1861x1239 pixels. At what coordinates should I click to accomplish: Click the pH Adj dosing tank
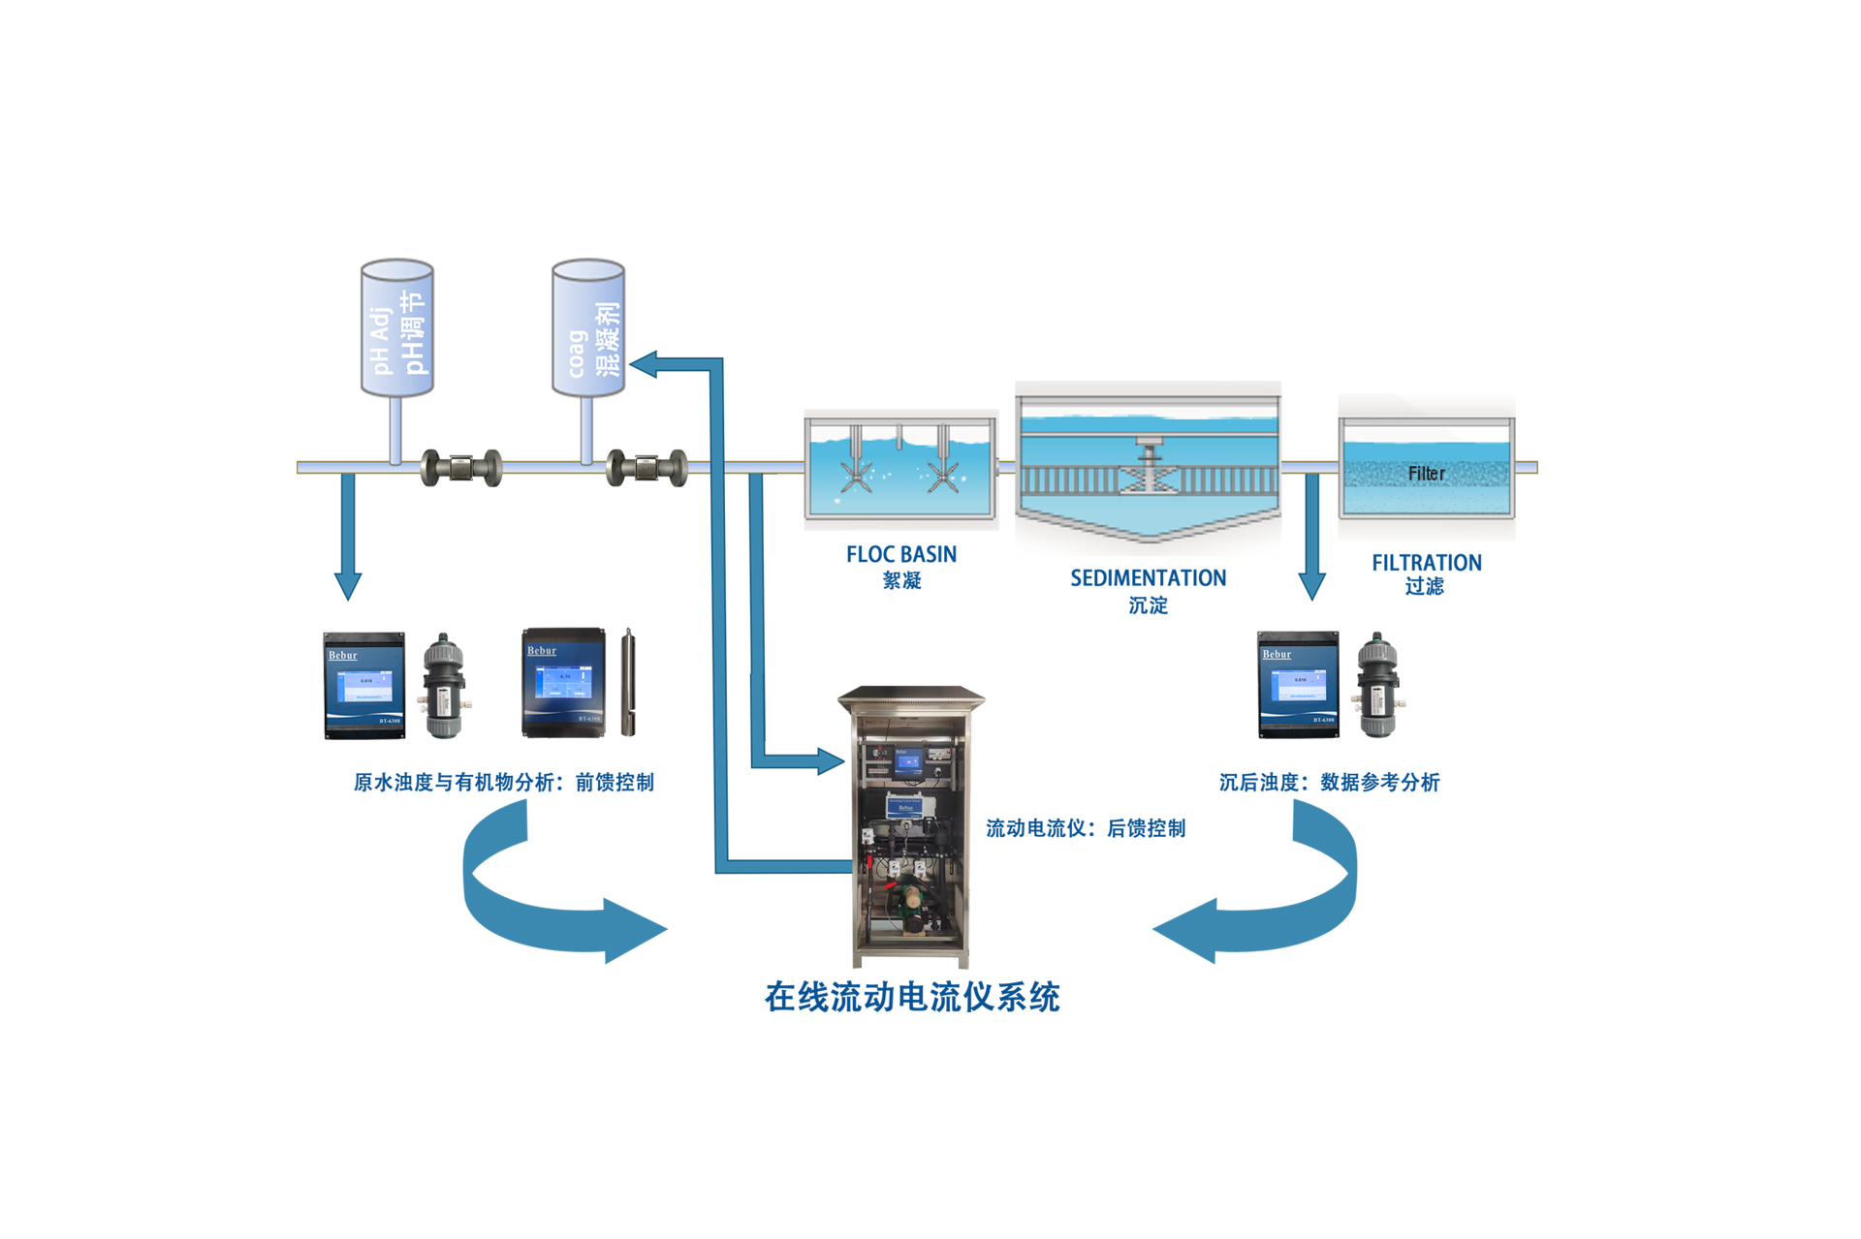[396, 328]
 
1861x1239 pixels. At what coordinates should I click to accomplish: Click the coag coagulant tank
[587, 328]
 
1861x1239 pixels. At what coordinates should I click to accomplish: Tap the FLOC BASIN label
[900, 555]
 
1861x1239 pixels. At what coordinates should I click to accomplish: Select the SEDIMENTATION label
[1148, 578]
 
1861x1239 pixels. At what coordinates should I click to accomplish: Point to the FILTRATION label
[1426, 563]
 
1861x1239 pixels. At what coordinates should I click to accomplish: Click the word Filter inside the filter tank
[1426, 474]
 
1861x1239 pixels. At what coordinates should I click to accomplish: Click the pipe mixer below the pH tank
[461, 469]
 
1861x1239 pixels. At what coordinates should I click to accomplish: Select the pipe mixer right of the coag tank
[647, 469]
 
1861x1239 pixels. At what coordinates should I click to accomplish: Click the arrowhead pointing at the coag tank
[644, 364]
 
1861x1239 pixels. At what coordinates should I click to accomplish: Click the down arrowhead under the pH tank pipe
[348, 585]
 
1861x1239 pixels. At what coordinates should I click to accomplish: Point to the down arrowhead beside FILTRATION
[1311, 585]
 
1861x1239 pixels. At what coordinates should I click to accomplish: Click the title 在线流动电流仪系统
[911, 997]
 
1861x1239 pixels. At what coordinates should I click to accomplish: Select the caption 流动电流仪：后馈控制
[1086, 828]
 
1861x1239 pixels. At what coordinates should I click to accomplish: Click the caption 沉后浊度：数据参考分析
[1329, 782]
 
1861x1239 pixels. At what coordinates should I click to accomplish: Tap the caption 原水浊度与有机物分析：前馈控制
[503, 782]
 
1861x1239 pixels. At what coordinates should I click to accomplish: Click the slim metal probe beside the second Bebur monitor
[628, 682]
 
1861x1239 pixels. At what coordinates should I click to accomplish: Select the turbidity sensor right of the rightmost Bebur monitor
[1377, 685]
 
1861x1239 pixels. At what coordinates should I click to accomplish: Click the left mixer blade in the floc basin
[857, 474]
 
